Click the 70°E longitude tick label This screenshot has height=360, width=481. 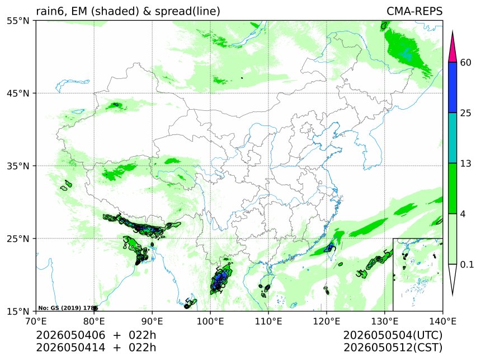coord(36,321)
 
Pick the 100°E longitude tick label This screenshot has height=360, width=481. coord(210,321)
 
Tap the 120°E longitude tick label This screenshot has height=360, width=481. coord(327,321)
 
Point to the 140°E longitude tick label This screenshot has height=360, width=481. coord(443,321)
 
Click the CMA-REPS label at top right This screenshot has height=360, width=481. coord(414,11)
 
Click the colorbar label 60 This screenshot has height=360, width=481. coord(466,62)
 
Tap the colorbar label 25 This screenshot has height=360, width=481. coord(466,113)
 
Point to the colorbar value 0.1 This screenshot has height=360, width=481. coord(467,264)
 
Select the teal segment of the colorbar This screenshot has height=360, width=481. coord(452,138)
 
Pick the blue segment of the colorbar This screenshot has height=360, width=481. coord(452,87)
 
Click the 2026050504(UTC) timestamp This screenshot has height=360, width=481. coord(393,335)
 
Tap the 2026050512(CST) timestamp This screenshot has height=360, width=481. coord(393,348)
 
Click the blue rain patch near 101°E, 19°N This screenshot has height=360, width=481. coord(219,279)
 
